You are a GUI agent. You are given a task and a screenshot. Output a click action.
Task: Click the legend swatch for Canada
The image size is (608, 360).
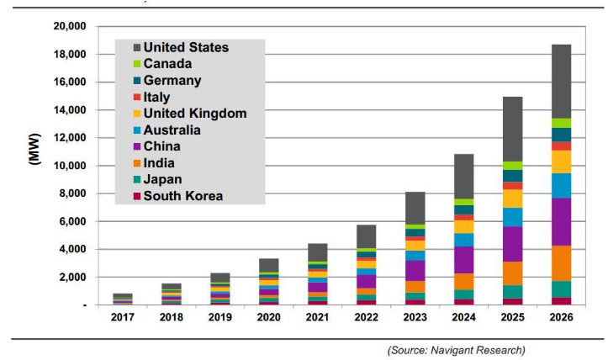click(135, 64)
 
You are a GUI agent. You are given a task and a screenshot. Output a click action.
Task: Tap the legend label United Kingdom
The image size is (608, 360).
click(194, 114)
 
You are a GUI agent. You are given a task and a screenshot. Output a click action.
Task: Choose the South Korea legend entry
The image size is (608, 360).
click(182, 196)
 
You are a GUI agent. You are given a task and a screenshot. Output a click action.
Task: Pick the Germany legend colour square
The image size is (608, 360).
click(135, 81)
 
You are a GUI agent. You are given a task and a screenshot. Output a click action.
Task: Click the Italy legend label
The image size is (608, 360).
click(158, 98)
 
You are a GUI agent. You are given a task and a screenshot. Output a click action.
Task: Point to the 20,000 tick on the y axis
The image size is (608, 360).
click(66, 27)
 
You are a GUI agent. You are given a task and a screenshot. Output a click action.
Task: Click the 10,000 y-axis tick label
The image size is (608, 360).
click(66, 166)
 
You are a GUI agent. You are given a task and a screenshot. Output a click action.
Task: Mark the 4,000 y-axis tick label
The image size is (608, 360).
click(70, 250)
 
